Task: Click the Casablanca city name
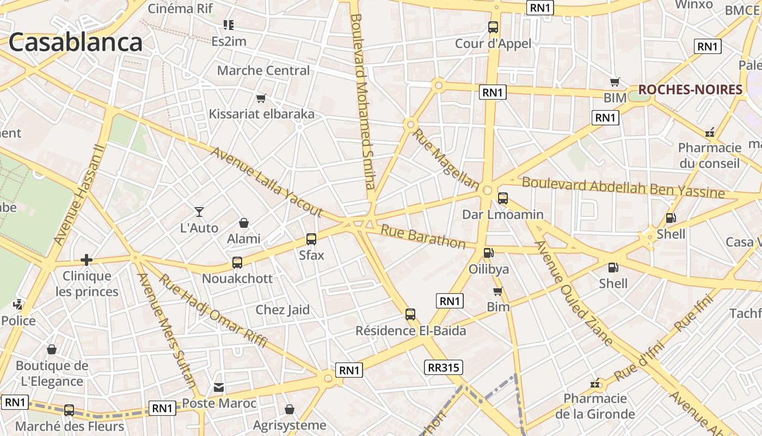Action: (x=75, y=43)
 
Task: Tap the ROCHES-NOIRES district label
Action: (x=690, y=90)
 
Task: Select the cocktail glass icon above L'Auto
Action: (x=199, y=211)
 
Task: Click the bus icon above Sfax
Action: (x=311, y=239)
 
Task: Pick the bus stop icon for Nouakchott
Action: (x=237, y=263)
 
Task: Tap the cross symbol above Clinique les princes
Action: (x=86, y=260)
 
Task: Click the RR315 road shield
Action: (x=444, y=367)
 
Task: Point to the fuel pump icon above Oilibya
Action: (x=489, y=253)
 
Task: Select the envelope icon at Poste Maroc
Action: (x=219, y=388)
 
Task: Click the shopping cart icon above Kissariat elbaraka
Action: (x=261, y=99)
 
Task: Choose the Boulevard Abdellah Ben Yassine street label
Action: (x=623, y=187)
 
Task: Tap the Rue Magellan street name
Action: (x=446, y=159)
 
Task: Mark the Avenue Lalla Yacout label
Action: (x=267, y=183)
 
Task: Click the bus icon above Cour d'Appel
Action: (x=493, y=27)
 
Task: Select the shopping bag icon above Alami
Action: (x=244, y=223)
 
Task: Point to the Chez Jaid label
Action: (x=282, y=310)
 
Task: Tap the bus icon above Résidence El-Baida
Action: (x=410, y=314)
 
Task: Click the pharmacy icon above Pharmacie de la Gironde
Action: (x=596, y=384)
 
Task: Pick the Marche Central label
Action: (x=263, y=70)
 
